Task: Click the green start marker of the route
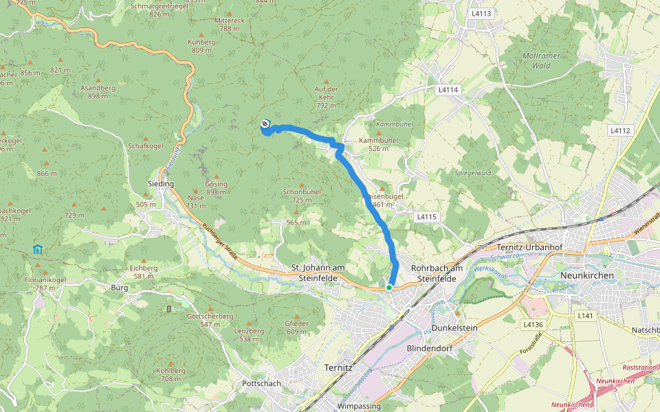click(x=389, y=288)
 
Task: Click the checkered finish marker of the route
click(x=265, y=124)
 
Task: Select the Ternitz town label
click(x=338, y=367)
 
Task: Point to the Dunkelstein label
click(x=454, y=328)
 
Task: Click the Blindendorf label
click(x=428, y=349)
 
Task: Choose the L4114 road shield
click(x=447, y=90)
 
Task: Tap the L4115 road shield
click(x=427, y=216)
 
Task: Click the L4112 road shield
click(x=619, y=130)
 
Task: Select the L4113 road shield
click(x=481, y=13)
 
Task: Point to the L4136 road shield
click(x=533, y=324)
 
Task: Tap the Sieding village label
click(x=161, y=184)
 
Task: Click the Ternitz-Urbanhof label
click(x=529, y=247)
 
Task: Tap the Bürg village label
click(x=119, y=288)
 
